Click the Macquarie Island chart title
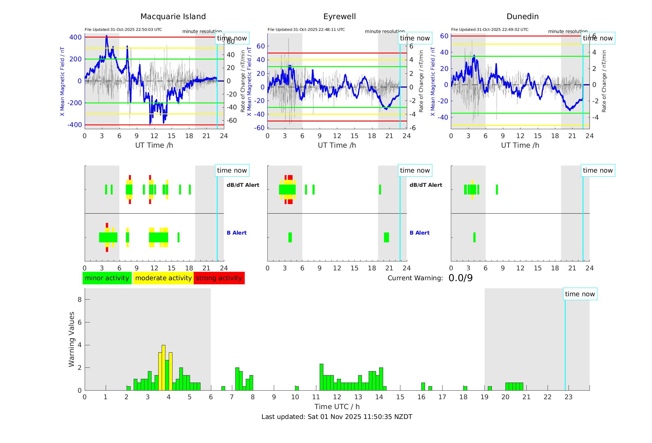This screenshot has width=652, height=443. [173, 17]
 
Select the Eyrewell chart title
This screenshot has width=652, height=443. [339, 17]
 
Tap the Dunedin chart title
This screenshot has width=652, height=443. [522, 17]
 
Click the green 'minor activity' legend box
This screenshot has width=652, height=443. [107, 278]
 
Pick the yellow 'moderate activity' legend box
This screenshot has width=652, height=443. [163, 278]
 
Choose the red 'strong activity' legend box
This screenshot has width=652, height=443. [219, 278]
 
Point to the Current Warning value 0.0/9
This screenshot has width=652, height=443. [460, 278]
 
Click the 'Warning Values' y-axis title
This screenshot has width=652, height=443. [72, 339]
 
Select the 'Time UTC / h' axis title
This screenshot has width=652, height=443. [337, 407]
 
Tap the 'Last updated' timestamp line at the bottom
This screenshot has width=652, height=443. [337, 417]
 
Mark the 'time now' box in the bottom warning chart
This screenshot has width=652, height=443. [580, 294]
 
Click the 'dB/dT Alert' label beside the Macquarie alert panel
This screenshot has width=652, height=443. [243, 185]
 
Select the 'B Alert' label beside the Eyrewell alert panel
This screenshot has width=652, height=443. [419, 233]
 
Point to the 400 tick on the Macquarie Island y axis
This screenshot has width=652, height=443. [75, 37]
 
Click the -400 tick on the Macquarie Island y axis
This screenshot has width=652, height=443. [75, 125]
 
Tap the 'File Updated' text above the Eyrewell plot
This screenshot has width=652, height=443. [306, 30]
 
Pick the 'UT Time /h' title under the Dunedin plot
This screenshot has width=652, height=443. [520, 145]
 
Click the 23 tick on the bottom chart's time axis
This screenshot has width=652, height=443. [568, 397]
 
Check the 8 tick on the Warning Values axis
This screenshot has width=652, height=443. [79, 299]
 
